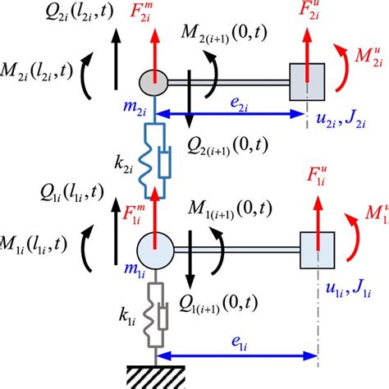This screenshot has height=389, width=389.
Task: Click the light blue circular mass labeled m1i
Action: point(154,246)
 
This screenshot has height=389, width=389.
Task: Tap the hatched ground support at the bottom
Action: point(154,373)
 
